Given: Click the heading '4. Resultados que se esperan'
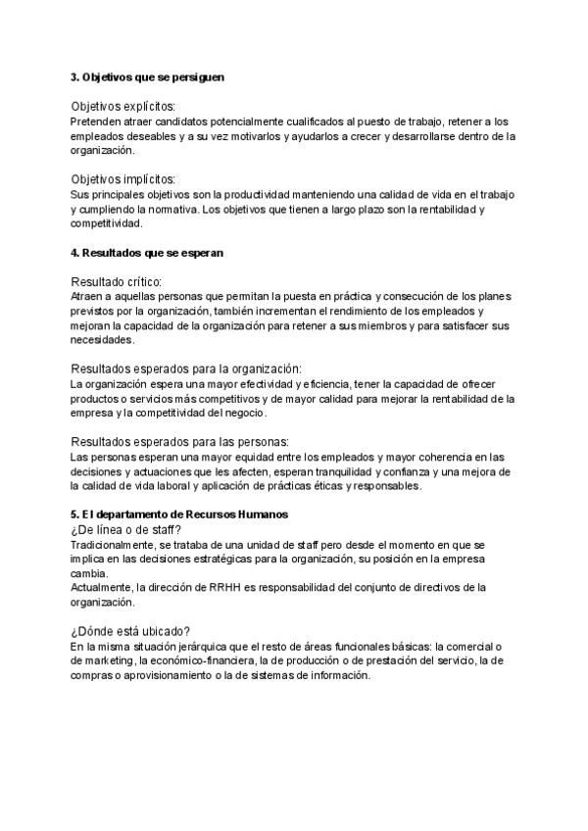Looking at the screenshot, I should [x=147, y=253].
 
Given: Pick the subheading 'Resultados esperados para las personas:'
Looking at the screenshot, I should [x=180, y=442].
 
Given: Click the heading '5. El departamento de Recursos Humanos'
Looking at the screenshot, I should [x=178, y=515].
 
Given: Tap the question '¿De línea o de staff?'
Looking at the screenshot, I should [x=125, y=530].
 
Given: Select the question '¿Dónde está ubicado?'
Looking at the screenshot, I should [x=130, y=631].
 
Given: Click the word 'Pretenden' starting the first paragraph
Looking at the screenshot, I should [x=96, y=122].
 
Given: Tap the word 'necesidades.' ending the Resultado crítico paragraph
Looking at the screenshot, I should [x=102, y=341].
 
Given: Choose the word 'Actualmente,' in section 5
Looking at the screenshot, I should [x=103, y=588].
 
